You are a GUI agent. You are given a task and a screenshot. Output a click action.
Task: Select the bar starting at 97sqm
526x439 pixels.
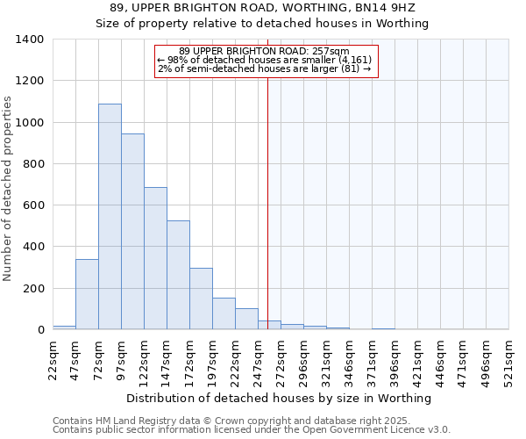(x=132, y=232)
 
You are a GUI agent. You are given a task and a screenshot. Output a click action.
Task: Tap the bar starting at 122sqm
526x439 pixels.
(x=155, y=258)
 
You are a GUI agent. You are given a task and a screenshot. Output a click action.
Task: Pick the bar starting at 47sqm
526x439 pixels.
(x=87, y=294)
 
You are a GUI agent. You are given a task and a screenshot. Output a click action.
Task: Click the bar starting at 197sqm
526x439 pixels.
(x=224, y=314)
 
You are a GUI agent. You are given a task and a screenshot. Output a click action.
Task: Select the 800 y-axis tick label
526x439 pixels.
(x=32, y=164)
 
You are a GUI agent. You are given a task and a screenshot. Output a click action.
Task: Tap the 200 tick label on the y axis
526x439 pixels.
(x=32, y=289)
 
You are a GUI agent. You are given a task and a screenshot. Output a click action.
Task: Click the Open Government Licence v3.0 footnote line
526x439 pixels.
(x=252, y=430)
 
